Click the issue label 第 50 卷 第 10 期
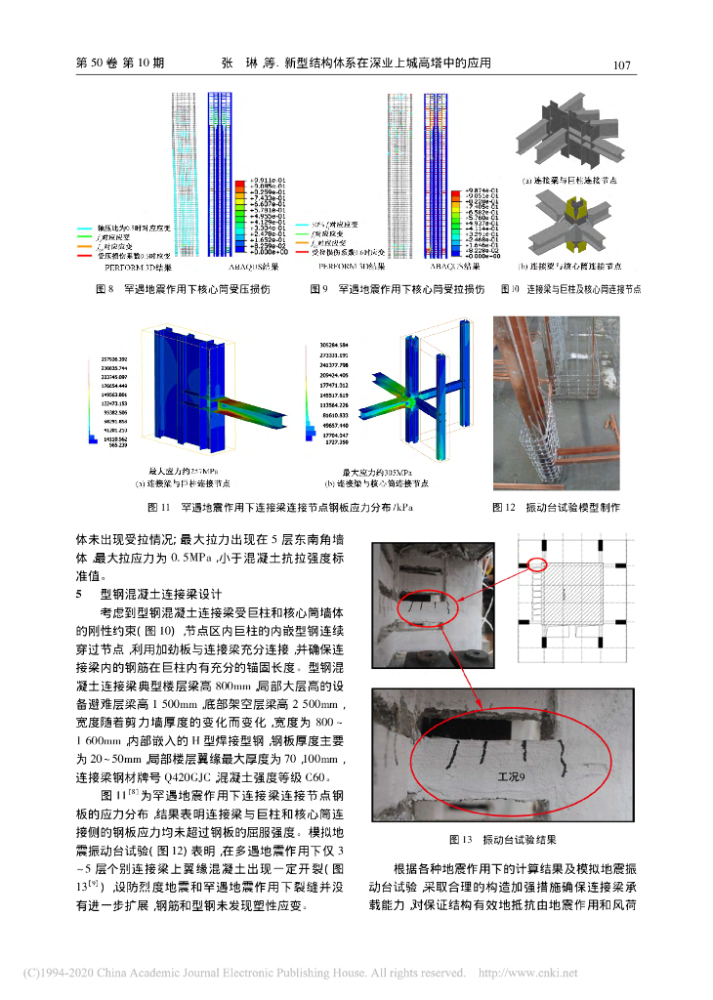[120, 64]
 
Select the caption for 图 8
[182, 289]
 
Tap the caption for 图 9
[398, 289]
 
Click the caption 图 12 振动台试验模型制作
[557, 507]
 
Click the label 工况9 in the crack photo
[510, 775]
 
